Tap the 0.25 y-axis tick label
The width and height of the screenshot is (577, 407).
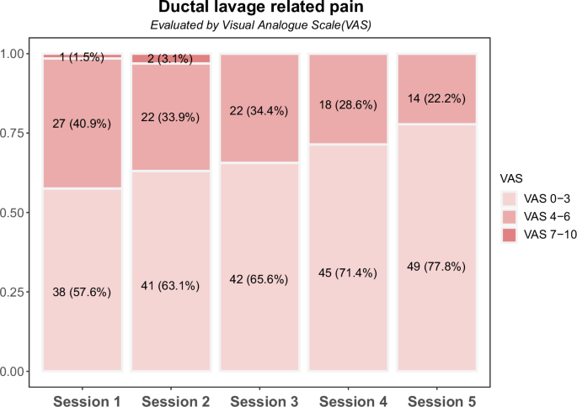(x=17, y=292)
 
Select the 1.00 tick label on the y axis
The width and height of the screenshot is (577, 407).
(x=17, y=55)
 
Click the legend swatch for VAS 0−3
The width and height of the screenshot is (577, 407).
(x=510, y=199)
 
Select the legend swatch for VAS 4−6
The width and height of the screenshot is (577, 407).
(x=510, y=217)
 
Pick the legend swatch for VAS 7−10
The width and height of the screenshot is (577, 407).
(x=510, y=235)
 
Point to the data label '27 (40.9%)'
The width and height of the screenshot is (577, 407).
(x=83, y=124)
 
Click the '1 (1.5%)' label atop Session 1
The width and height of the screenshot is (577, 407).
(x=83, y=57)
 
